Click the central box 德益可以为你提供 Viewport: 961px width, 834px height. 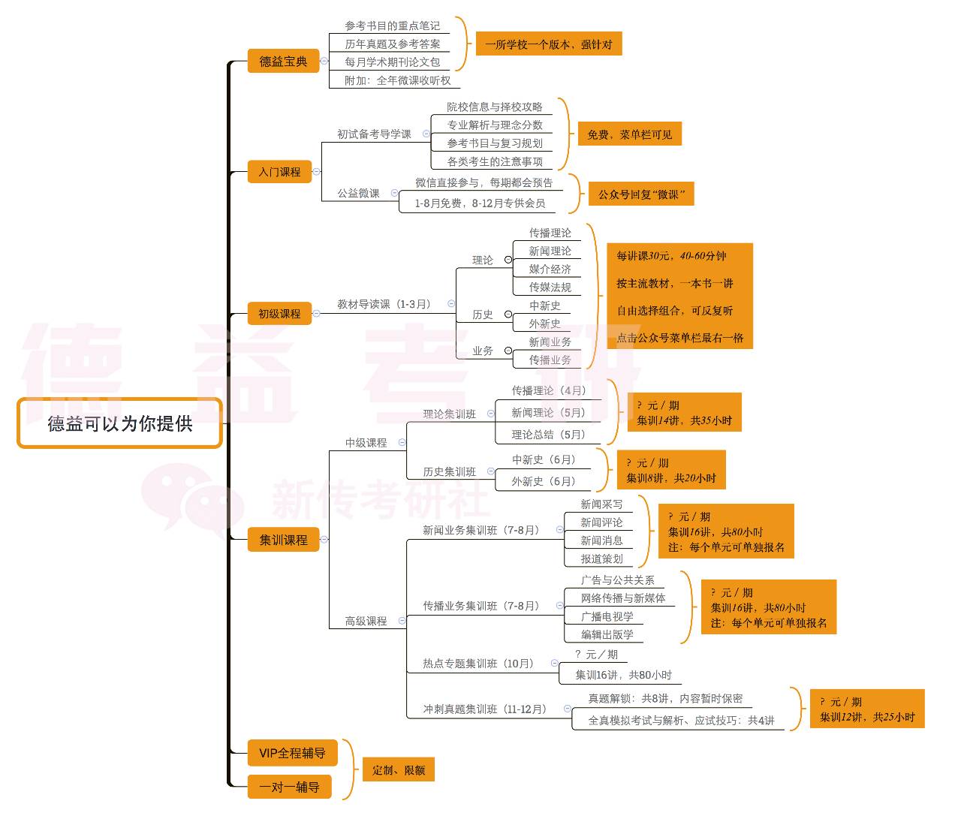pos(119,423)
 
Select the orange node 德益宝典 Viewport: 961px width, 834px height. pos(283,62)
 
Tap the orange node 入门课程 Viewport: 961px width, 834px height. pos(279,172)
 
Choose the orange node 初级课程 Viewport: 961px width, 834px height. pos(279,314)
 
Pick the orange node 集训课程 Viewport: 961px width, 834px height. pos(283,540)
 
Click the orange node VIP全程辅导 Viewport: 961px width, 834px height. pos(292,753)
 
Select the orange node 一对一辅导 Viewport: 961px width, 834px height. pos(289,787)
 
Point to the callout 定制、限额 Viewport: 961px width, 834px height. pos(399,769)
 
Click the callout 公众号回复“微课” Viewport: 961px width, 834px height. pos(640,194)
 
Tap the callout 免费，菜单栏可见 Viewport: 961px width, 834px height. pos(629,134)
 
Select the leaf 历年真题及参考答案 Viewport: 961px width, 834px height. pos(393,44)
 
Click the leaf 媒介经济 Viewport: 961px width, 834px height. pos(550,269)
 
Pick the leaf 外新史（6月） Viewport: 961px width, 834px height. pos(544,481)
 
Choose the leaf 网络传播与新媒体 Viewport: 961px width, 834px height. pos(623,598)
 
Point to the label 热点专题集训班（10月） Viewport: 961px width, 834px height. pos(480,664)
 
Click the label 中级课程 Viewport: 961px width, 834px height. pos(366,443)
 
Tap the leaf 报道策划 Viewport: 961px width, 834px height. pos(601,559)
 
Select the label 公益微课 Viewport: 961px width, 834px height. pos(358,193)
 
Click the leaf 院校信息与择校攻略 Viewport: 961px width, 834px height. pos(495,107)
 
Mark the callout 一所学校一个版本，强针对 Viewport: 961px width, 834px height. pos(548,44)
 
